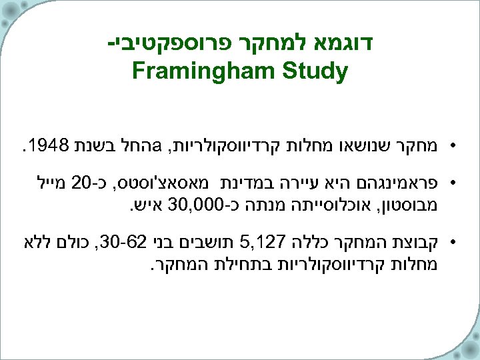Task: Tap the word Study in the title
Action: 316,71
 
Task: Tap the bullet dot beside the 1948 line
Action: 453,145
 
